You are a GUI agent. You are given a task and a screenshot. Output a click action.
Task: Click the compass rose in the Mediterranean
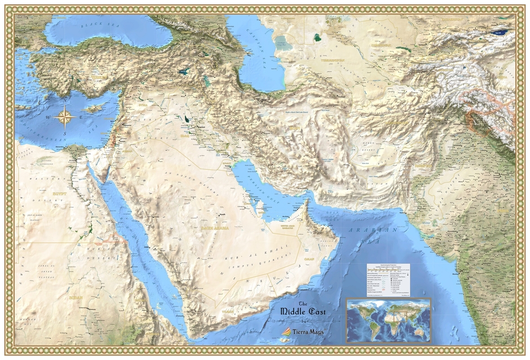pos(66,117)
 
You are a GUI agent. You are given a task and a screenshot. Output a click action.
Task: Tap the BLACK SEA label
pos(96,25)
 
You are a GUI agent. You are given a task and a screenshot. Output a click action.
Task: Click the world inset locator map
pos(388,319)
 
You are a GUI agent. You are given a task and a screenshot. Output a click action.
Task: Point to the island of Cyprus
pos(94,108)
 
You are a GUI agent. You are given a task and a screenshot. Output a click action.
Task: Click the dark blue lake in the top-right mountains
pos(499,32)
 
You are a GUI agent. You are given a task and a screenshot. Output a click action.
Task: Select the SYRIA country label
pos(141,104)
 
